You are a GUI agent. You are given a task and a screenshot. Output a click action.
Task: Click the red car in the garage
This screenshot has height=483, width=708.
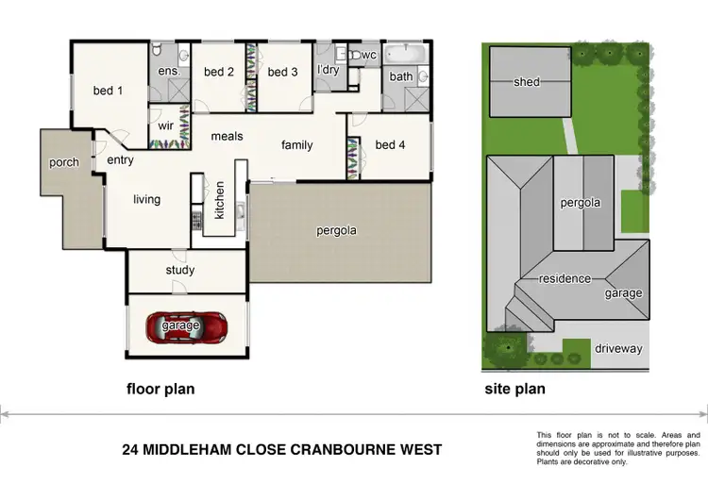pyautogui.click(x=186, y=326)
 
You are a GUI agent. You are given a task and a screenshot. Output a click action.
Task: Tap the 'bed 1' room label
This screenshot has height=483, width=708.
pyautogui.click(x=108, y=92)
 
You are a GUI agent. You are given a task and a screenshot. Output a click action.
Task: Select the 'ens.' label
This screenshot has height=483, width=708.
pyautogui.click(x=169, y=71)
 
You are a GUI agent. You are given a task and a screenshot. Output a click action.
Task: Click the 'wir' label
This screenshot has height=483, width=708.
pyautogui.click(x=165, y=125)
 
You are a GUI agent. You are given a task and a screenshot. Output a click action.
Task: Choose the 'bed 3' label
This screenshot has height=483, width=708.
pyautogui.click(x=282, y=72)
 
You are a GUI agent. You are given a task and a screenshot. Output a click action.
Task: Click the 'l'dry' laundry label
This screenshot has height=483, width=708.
pyautogui.click(x=329, y=70)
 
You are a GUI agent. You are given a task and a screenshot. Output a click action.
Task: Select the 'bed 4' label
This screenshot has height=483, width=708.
pyautogui.click(x=390, y=144)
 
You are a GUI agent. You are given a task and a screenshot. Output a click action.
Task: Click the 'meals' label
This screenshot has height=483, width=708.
pyautogui.click(x=227, y=137)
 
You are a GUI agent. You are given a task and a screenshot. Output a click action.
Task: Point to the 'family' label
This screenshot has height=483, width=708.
pyautogui.click(x=296, y=145)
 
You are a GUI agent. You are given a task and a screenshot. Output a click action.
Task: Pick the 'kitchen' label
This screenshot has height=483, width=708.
pyautogui.click(x=219, y=200)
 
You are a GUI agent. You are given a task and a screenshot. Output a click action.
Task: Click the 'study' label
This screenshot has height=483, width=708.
pyautogui.click(x=179, y=271)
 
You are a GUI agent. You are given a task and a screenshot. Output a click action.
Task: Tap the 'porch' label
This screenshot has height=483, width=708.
pyautogui.click(x=64, y=162)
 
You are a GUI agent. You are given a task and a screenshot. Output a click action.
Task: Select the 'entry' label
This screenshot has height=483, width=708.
pyautogui.click(x=120, y=160)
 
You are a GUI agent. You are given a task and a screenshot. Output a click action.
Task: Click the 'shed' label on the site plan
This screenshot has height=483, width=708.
pyautogui.click(x=527, y=82)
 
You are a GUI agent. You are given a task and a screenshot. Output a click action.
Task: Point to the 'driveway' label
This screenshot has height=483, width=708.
pyautogui.click(x=618, y=349)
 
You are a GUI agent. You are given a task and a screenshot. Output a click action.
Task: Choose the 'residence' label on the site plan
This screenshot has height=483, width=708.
pyautogui.click(x=565, y=279)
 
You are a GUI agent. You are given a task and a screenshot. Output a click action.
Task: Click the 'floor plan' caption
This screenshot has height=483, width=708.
pyautogui.click(x=160, y=389)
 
